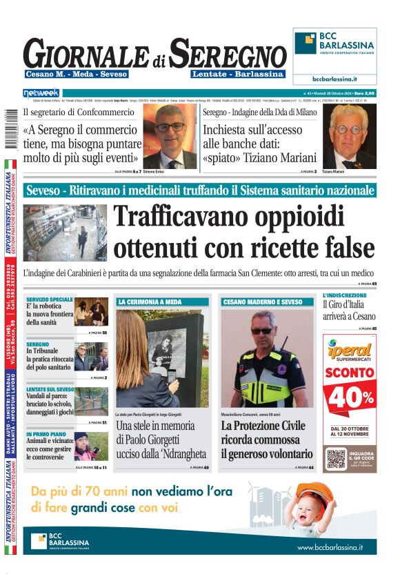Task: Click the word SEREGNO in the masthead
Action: pyautogui.click(x=228, y=53)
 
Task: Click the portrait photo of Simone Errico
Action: pyautogui.click(x=169, y=137)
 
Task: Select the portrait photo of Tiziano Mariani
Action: pyautogui.click(x=349, y=137)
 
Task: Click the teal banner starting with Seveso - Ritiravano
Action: pyautogui.click(x=199, y=190)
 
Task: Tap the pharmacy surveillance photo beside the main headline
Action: pyautogui.click(x=65, y=232)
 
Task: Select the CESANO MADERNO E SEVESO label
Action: pyautogui.click(x=262, y=302)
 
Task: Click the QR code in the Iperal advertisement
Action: pyautogui.click(x=336, y=459)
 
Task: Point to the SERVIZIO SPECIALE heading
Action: pyautogui.click(x=50, y=299)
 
